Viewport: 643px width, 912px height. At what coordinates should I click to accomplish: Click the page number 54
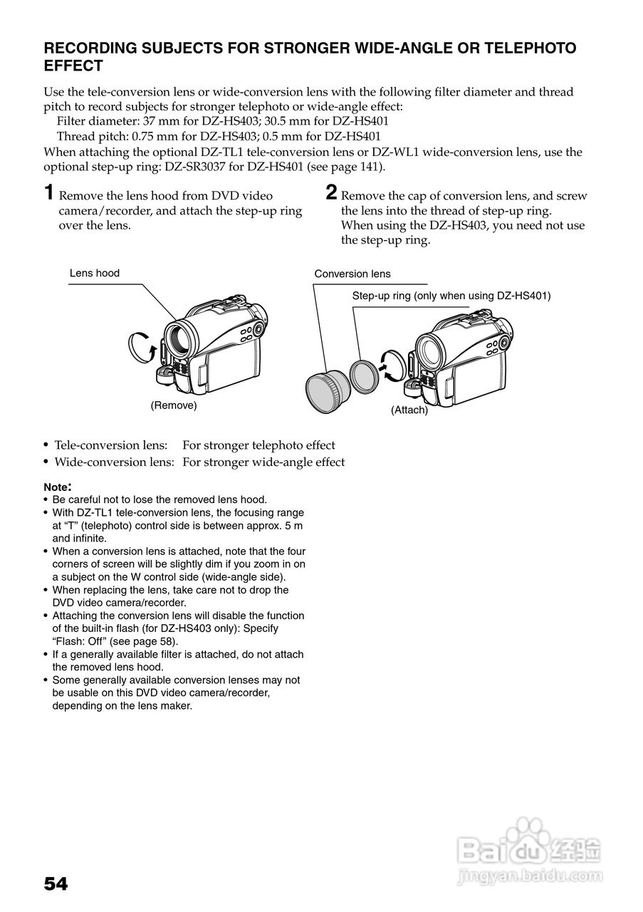56,884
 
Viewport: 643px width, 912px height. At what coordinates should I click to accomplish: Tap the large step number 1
48,193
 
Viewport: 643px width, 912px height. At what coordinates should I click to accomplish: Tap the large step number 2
331,193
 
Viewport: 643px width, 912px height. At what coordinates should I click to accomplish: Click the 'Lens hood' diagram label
95,273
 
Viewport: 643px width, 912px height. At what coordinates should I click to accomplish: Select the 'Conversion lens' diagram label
352,274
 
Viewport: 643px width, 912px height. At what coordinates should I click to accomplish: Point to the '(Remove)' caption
173,405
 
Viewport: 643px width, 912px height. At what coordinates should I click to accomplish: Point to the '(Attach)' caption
409,410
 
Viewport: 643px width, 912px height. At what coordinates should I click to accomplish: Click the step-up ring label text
451,295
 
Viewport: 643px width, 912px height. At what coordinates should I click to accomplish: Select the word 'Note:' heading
58,487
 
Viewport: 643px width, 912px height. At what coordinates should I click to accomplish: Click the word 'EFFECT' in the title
73,66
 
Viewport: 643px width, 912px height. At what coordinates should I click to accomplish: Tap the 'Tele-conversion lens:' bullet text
111,445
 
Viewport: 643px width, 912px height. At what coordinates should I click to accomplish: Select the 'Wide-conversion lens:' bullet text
115,462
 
